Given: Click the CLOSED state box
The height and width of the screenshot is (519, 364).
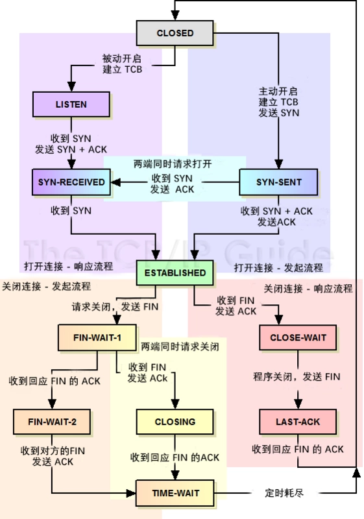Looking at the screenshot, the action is [175, 33].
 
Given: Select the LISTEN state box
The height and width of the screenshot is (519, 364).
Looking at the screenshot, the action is [71, 104].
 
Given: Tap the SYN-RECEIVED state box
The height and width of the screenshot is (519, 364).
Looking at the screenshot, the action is [71, 182].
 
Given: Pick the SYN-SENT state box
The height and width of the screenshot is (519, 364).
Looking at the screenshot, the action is [278, 182].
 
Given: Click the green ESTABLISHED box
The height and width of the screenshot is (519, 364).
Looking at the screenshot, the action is [175, 272].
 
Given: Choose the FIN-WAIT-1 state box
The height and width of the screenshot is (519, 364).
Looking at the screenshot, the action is [97, 337].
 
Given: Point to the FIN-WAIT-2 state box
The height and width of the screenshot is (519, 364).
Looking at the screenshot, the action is [52, 422].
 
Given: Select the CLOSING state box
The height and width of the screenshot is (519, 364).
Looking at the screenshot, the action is [175, 422].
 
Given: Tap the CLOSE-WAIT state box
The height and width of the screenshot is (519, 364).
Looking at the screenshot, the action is [298, 337].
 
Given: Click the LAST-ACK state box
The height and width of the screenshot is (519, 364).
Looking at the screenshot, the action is [298, 422].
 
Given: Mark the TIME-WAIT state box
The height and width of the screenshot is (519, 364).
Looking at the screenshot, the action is [175, 493].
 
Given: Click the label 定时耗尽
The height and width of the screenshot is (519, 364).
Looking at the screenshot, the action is [284, 493].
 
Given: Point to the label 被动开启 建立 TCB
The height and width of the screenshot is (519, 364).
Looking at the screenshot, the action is [122, 64].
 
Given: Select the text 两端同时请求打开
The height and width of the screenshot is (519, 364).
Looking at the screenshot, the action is [173, 163].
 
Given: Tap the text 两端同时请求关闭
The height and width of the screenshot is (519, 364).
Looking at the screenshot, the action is [180, 346].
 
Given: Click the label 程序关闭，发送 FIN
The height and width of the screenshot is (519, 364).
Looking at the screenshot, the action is [297, 376].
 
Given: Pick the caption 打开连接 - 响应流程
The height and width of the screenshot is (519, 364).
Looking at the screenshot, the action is [69, 267].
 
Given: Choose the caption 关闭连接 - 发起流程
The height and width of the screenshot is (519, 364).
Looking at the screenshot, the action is [46, 286].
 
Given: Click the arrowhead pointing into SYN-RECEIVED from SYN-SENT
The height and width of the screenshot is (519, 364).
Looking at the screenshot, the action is [115, 182].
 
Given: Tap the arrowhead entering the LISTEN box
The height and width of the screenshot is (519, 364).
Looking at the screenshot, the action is [71, 87].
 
